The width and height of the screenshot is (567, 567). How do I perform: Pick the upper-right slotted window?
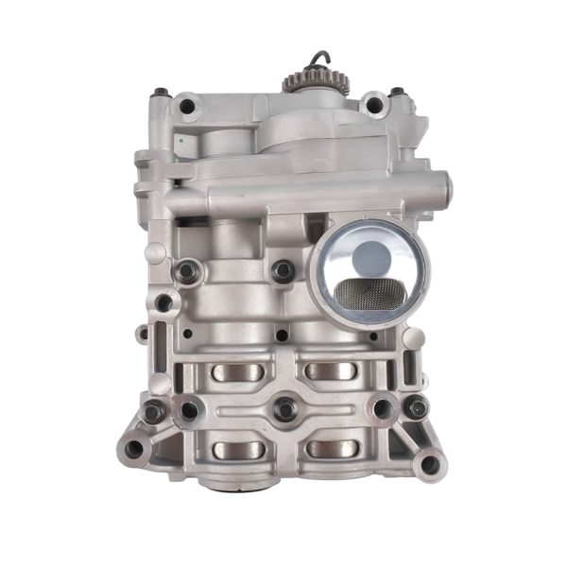click(x=330, y=371)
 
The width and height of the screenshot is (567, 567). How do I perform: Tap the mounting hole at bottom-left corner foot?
click(x=134, y=447)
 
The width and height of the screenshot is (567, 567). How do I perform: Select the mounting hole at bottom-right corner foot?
click(x=430, y=463)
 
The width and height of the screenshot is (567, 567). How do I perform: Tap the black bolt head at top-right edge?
click(x=397, y=94)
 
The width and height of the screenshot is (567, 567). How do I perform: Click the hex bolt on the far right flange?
click(x=417, y=408)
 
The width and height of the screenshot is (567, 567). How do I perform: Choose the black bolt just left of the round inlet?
click(x=282, y=271)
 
